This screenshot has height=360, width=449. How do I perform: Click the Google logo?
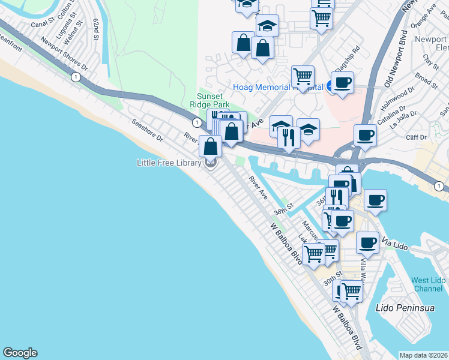(20, 353)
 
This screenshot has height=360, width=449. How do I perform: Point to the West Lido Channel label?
(428, 285)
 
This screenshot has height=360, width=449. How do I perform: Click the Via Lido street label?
(394, 245)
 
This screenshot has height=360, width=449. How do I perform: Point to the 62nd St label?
(95, 29)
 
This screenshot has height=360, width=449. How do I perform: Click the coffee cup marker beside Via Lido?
(367, 242)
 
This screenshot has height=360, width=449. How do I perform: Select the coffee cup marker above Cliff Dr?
(365, 134)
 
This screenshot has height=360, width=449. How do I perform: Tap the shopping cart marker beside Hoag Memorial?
(303, 76)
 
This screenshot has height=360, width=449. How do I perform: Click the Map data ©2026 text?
(424, 355)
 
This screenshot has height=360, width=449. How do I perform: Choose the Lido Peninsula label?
(399, 308)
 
